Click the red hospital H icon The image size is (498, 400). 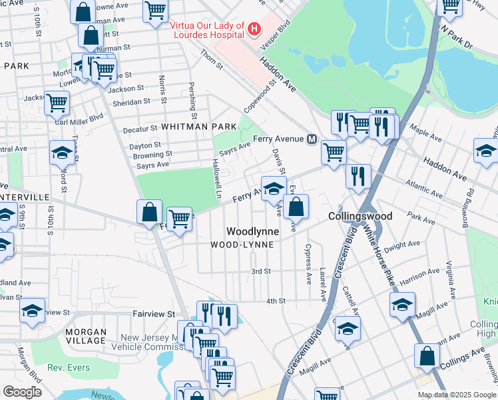tap(254, 29)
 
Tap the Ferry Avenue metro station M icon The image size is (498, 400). tap(311, 139)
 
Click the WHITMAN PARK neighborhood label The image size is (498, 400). tap(198, 126)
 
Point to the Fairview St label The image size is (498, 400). tap(152, 313)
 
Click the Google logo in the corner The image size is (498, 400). tap(22, 392)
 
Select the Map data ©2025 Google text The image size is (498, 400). tap(457, 395)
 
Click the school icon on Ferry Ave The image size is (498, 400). tap(273, 188)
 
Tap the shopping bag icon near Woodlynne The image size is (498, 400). tap(296, 206)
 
